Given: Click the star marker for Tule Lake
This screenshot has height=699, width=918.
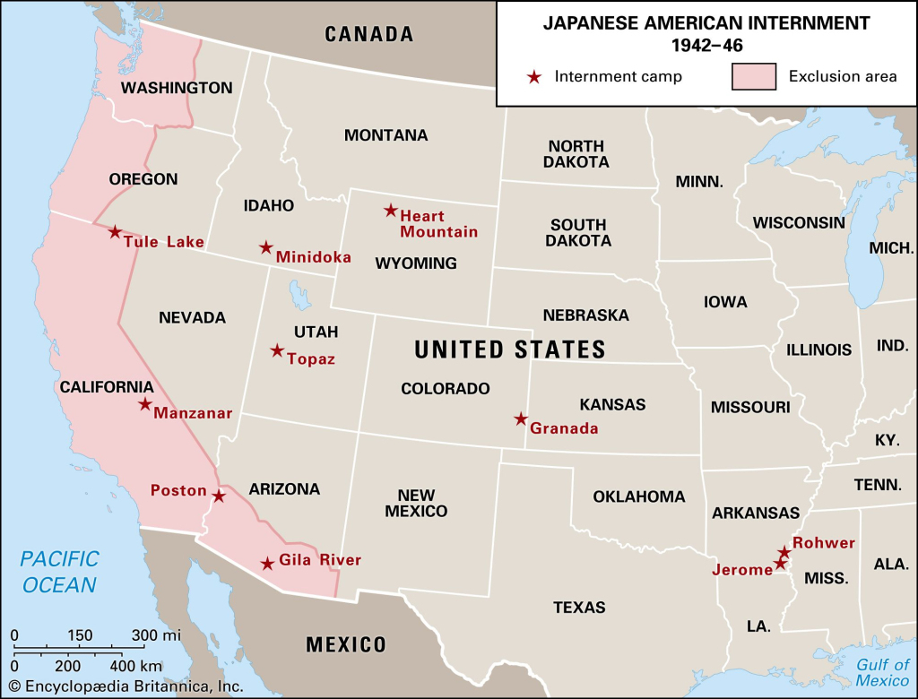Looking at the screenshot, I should (x=115, y=232).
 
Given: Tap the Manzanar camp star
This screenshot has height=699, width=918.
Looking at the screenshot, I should (x=145, y=404).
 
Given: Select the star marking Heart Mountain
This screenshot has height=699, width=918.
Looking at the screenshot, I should (x=391, y=211).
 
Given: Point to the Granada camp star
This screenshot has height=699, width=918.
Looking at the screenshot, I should (x=521, y=419).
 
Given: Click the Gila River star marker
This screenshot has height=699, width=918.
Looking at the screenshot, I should (x=267, y=564).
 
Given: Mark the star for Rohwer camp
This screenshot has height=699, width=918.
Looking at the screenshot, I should (x=784, y=551).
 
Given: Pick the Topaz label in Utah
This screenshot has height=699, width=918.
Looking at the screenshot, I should (x=311, y=359).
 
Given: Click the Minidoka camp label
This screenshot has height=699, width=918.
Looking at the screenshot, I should (x=314, y=257).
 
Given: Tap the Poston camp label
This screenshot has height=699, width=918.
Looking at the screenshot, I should (x=178, y=490).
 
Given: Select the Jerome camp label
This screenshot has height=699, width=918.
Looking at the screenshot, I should (x=742, y=569).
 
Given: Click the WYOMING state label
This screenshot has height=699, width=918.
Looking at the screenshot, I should (x=416, y=263).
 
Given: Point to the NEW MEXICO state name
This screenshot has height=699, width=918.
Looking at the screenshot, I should (x=416, y=503).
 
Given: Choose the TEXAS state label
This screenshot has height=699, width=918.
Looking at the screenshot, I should (x=579, y=607).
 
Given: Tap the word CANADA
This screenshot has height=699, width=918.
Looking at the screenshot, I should (x=369, y=35).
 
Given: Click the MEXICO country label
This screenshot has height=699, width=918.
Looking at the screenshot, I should (x=346, y=644).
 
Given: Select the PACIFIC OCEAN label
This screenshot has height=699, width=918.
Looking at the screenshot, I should (x=59, y=572).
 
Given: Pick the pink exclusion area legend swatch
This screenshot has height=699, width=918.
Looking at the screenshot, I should (x=754, y=77).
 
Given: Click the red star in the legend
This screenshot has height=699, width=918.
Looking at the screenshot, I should (x=534, y=77).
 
